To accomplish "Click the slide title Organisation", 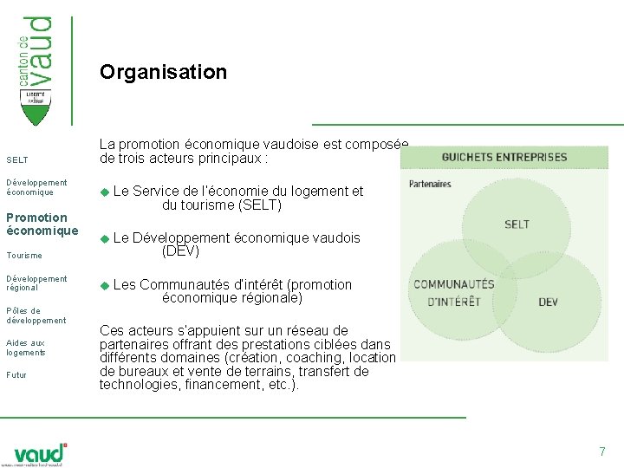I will pos(163,72).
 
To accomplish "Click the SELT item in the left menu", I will pos(17,160).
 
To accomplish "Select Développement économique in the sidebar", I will pos(36,187).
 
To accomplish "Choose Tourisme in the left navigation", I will pos(24,256).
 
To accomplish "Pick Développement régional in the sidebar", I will pos(36,283).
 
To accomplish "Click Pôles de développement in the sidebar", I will pos(36,315).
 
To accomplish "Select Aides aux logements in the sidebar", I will pos(25,348).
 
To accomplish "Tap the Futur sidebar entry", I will pos(16,375).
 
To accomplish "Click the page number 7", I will pos(601,452).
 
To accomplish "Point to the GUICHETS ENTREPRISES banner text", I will pos(504,158).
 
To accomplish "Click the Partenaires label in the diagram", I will pos(430,184).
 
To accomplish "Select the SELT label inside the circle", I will pos(517,224).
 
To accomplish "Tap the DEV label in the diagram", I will pos(548,302).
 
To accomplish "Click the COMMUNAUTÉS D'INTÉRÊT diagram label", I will pos(453,293).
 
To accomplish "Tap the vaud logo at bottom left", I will pos(40,454).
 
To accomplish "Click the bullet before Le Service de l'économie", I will pos(105,192).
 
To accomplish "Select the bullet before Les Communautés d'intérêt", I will pos(105,285).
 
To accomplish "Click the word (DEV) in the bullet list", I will pos(180,251).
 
